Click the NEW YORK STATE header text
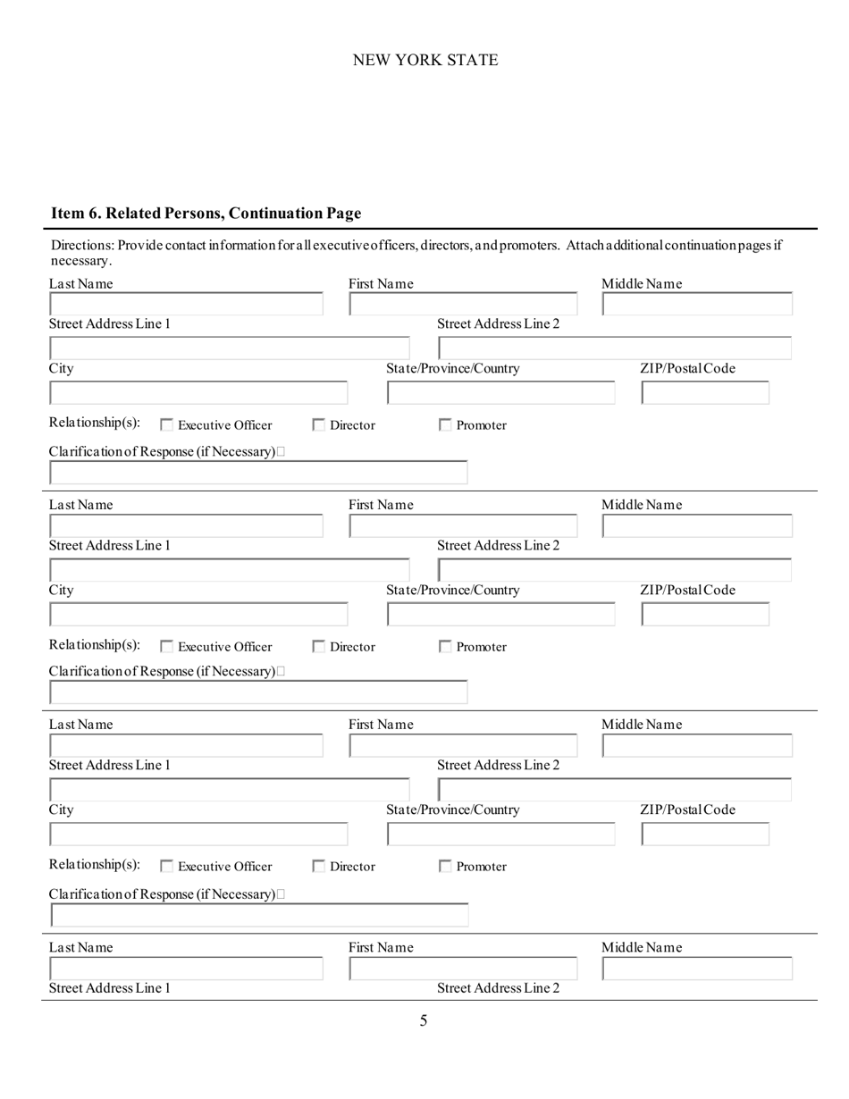pyautogui.click(x=425, y=60)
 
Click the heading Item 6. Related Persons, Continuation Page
pyautogui.click(x=206, y=214)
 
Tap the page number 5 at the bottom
pyautogui.click(x=424, y=1021)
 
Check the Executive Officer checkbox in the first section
pyautogui.click(x=166, y=426)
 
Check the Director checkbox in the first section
pyautogui.click(x=318, y=426)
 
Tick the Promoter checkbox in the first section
pyautogui.click(x=445, y=426)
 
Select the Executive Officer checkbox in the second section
pyautogui.click(x=166, y=648)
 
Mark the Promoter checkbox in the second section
pyautogui.click(x=445, y=648)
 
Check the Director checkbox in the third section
pyautogui.click(x=318, y=867)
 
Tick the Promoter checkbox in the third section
pyautogui.click(x=445, y=867)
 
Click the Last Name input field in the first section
pyautogui.click(x=186, y=305)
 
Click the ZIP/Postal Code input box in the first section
pyautogui.click(x=705, y=392)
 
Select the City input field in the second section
pyautogui.click(x=198, y=614)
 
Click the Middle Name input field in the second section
pyautogui.click(x=697, y=526)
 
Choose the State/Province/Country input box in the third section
pyautogui.click(x=500, y=835)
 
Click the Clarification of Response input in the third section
pyautogui.click(x=259, y=915)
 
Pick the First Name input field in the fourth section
pyautogui.click(x=463, y=969)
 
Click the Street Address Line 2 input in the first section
pyautogui.click(x=615, y=348)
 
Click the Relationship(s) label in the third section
pyautogui.click(x=95, y=865)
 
